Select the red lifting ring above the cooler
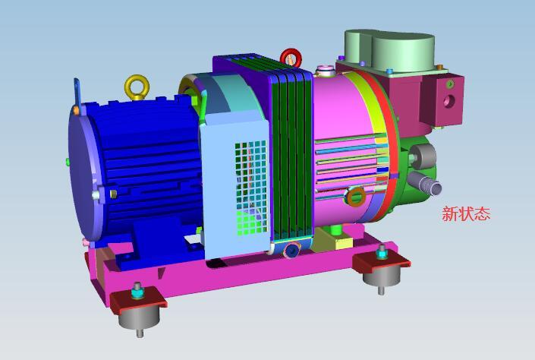(x=291, y=57)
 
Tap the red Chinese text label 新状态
(x=466, y=214)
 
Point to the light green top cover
(x=391, y=50)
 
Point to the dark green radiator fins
(x=292, y=152)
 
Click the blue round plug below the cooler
(x=291, y=251)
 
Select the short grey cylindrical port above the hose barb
(x=422, y=156)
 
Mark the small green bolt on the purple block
(x=440, y=68)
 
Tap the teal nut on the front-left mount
(x=137, y=289)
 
